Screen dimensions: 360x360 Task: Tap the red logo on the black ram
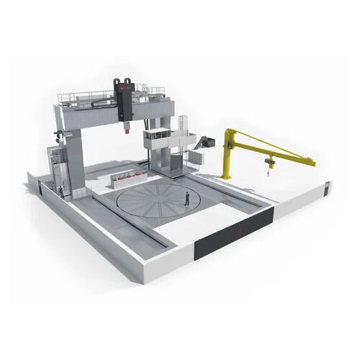pyautogui.click(x=125, y=87)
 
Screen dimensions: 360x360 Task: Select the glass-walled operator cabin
pyautogui.click(x=158, y=137)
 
